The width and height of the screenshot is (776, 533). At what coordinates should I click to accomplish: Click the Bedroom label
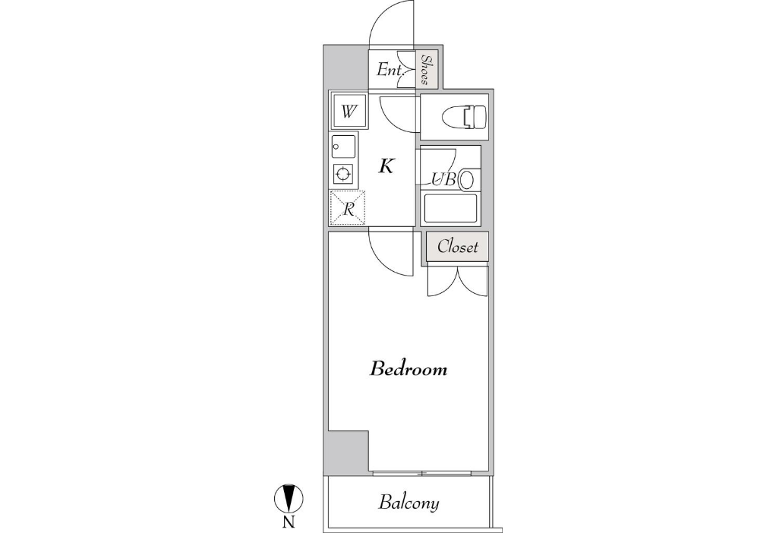point(409,369)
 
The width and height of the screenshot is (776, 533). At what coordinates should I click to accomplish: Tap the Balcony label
point(409,503)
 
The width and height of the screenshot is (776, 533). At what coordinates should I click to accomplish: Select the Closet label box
point(458,246)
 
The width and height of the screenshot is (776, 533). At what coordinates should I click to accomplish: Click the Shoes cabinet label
point(426,70)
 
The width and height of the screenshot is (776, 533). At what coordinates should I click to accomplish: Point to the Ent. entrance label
point(390,71)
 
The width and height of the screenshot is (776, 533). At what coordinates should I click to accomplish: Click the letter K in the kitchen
point(386,166)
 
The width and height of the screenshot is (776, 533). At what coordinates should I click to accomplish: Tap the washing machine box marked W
point(349,112)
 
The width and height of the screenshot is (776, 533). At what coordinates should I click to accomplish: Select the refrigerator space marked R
point(348,208)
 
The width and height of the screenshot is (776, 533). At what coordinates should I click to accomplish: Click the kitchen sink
point(343,147)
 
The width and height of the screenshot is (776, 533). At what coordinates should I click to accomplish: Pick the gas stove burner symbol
point(343,174)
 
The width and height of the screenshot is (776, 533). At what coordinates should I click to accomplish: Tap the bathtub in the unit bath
point(450,208)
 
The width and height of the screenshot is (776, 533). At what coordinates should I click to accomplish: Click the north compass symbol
point(289,498)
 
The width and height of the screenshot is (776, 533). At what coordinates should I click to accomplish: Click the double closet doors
point(458,282)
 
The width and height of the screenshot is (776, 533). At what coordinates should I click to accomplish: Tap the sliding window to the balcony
point(421,474)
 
